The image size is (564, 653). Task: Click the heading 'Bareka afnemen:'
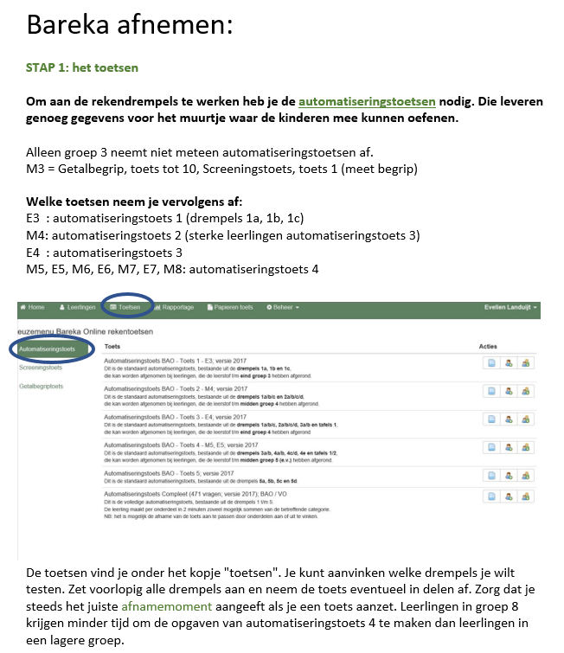click(x=130, y=24)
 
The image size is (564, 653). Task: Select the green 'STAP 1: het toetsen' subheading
click(x=82, y=67)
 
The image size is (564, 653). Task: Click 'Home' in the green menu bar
click(x=34, y=307)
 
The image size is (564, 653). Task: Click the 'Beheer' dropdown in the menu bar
click(x=283, y=307)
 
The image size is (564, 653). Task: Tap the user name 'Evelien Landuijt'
click(x=511, y=307)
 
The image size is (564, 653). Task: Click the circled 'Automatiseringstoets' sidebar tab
click(x=48, y=349)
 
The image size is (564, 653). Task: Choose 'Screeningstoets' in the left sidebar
click(x=42, y=368)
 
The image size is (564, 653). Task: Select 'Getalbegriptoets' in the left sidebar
click(x=42, y=386)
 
